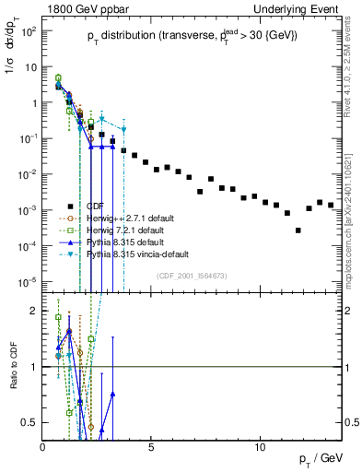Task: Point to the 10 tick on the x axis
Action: point(260,448)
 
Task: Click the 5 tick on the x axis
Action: point(152,448)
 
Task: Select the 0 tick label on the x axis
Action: point(43,448)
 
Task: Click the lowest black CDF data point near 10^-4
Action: point(298,230)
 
